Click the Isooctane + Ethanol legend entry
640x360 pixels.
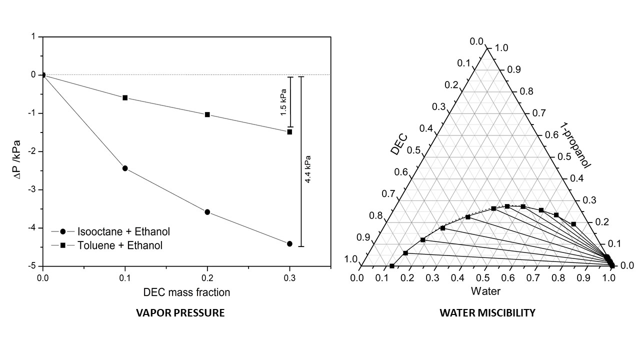(123, 231)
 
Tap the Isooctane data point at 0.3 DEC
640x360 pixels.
(289, 243)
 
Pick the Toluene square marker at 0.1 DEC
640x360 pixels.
(125, 97)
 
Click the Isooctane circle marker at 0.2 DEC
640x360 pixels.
(207, 212)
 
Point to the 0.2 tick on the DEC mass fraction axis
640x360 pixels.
(207, 275)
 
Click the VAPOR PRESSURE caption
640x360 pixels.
(180, 313)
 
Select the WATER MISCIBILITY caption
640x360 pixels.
(487, 313)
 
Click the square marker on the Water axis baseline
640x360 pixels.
(392, 266)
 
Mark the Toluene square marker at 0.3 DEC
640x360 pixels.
(289, 131)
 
